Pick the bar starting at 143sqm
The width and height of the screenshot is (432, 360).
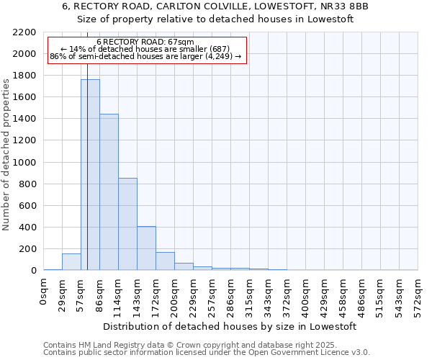146,248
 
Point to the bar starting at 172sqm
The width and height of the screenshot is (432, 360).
165,261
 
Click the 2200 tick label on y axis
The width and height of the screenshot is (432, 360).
24,32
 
